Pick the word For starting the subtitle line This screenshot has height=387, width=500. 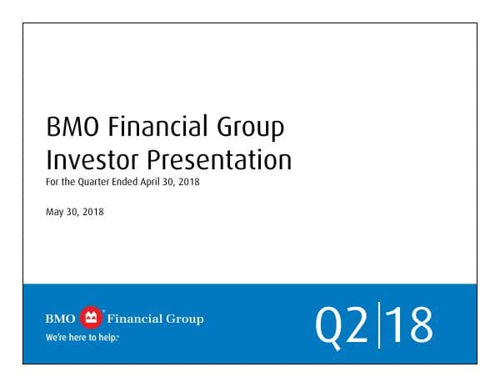pos(52,183)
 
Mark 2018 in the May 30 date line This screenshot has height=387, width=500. pos(92,212)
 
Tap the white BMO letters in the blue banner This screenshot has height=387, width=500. pos(60,319)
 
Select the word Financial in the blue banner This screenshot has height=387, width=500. pos(137,319)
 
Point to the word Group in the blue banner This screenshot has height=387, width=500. pos(186,319)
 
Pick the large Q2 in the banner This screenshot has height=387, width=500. pos(342,325)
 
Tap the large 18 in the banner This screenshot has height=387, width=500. pos(410,325)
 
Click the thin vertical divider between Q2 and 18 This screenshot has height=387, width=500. pos(378,325)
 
